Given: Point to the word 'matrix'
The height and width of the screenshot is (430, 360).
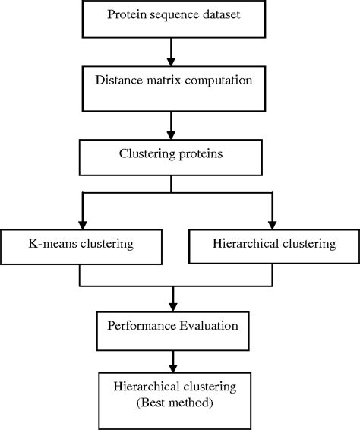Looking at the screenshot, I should click(165, 80).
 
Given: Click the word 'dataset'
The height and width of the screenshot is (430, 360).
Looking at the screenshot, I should click(219, 15).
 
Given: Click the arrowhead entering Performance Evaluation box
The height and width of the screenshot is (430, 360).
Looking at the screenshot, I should click(173, 303).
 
